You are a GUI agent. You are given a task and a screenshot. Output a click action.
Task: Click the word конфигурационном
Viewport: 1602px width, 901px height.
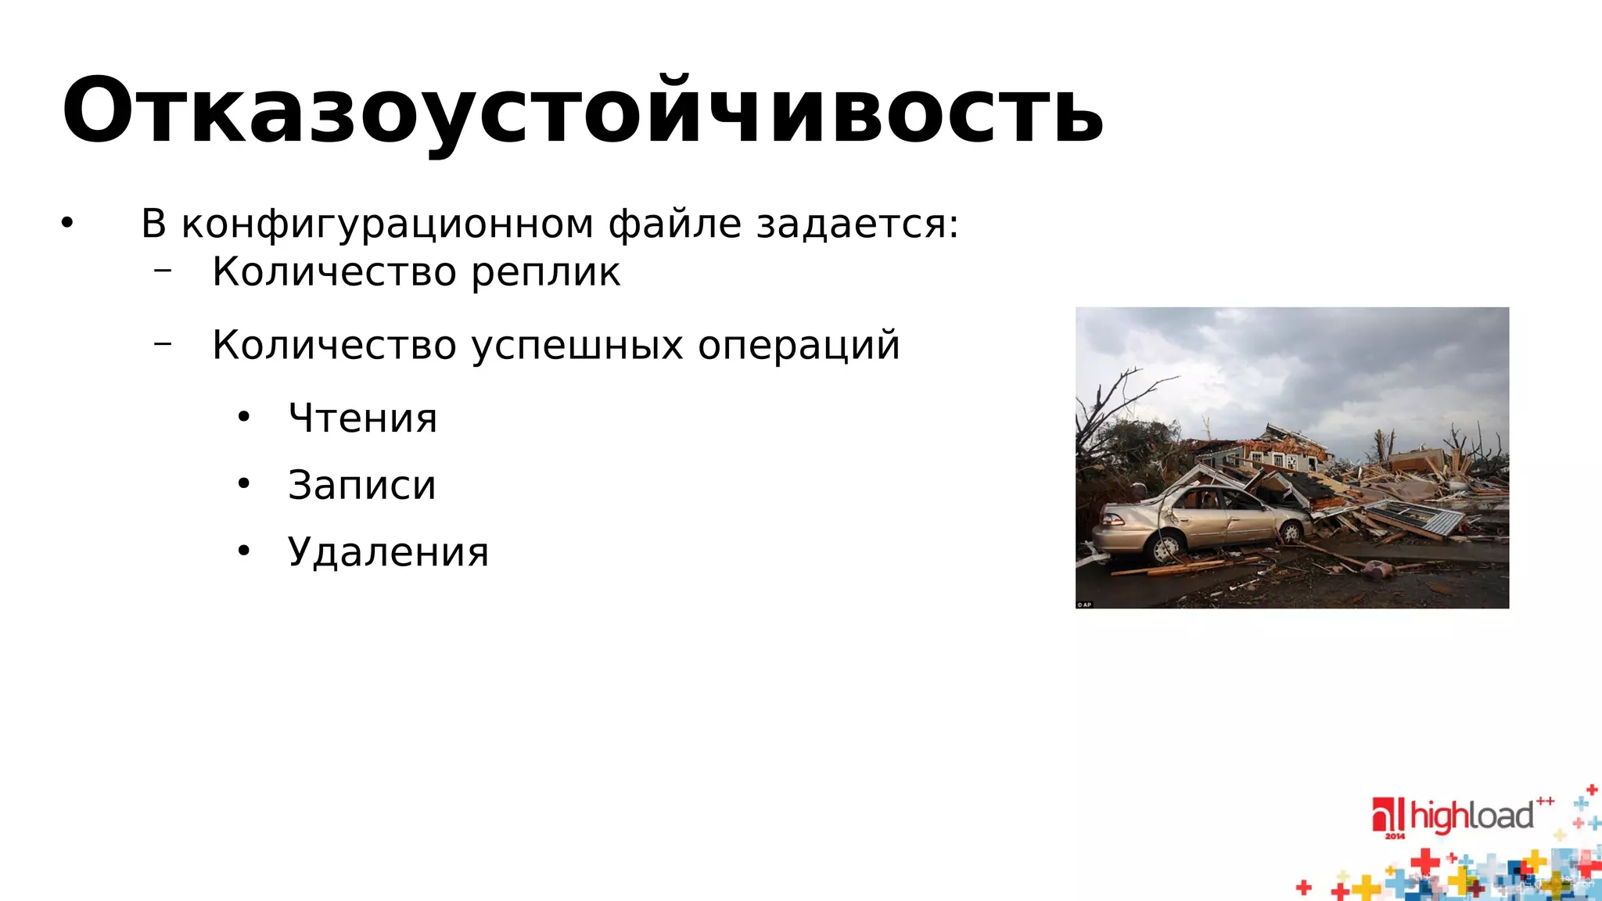click(x=387, y=224)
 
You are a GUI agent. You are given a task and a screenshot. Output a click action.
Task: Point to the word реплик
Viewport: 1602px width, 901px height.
click(x=545, y=273)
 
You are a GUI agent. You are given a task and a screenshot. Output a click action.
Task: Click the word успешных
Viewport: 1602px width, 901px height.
click(x=578, y=346)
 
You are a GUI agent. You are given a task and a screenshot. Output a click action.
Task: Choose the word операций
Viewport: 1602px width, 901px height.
click(x=799, y=346)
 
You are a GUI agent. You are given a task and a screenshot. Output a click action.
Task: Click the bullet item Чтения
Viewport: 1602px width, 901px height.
click(x=362, y=418)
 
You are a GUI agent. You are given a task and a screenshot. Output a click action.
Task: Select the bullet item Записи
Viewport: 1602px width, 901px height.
click(x=361, y=485)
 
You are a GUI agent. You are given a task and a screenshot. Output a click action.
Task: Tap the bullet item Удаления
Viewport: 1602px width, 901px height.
click(x=388, y=552)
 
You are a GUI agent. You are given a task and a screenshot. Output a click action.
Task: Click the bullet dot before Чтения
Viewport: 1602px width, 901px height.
click(x=244, y=418)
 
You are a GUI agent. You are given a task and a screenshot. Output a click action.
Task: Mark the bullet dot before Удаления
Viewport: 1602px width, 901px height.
click(x=244, y=552)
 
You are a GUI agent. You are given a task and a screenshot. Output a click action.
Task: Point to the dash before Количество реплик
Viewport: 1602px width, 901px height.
click(x=163, y=271)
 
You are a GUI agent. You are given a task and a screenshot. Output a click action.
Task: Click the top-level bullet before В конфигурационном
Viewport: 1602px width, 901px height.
click(x=67, y=224)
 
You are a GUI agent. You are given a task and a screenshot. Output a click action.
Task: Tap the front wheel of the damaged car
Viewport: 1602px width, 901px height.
click(x=1290, y=532)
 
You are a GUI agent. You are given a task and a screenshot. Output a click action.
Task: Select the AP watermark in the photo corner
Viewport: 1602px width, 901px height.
click(x=1084, y=605)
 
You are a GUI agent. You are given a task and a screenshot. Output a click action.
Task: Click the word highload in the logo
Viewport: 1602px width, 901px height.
click(x=1471, y=816)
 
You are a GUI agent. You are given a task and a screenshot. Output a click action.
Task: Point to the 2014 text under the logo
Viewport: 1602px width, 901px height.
click(x=1395, y=836)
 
